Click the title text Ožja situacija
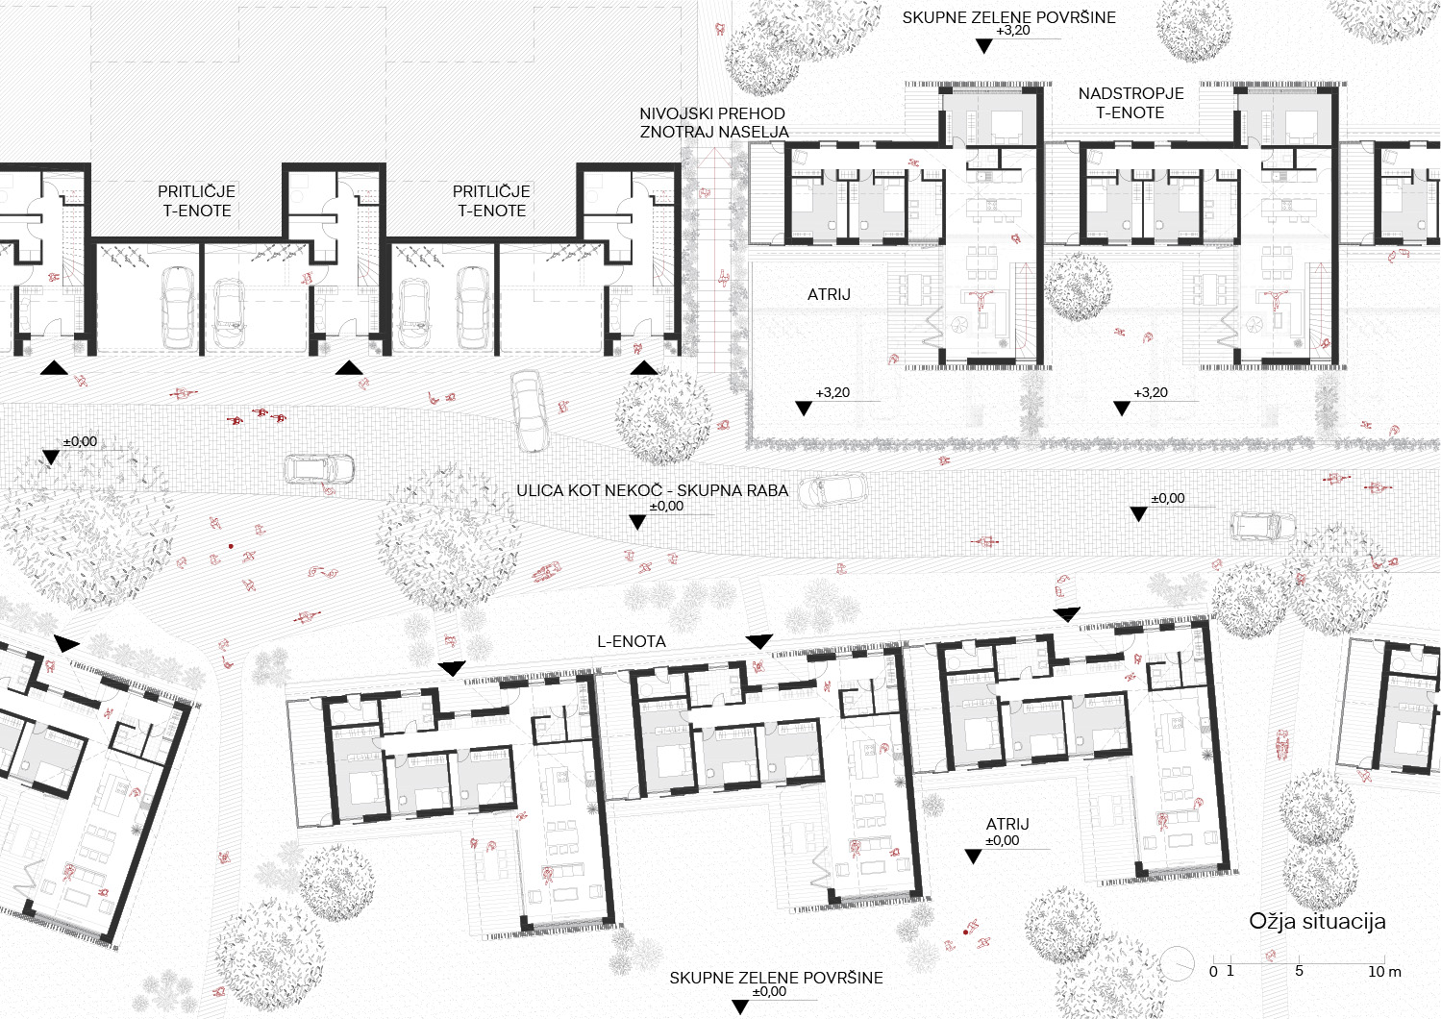(1317, 921)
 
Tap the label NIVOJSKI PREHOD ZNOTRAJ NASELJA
(713, 123)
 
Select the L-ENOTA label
(631, 641)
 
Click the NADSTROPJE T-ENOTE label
(1130, 103)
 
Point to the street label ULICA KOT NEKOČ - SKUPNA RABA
(652, 491)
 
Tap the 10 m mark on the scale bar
(1383, 971)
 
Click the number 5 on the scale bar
(1299, 971)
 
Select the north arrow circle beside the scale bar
(1178, 965)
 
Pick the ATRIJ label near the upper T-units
(829, 294)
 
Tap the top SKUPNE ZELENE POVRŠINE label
(1008, 18)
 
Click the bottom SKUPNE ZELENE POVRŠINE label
(776, 978)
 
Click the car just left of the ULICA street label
(319, 469)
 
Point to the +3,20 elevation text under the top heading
(1013, 31)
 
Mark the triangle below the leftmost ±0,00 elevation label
(51, 458)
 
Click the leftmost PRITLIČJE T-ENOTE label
(196, 201)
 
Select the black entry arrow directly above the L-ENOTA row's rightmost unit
(1067, 614)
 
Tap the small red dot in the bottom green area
(965, 932)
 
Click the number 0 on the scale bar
(1213, 971)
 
